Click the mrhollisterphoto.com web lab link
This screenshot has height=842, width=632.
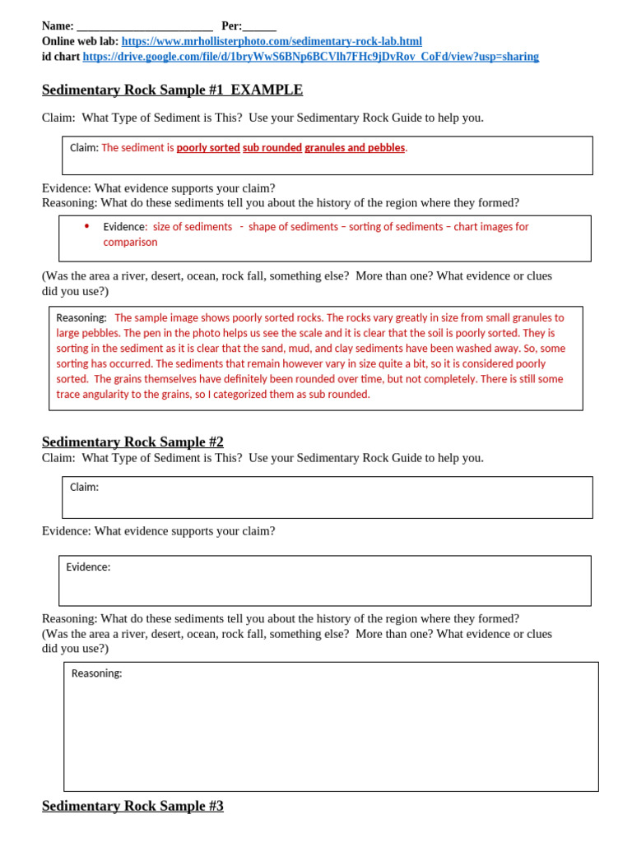click(x=272, y=41)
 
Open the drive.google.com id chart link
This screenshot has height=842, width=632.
click(x=311, y=57)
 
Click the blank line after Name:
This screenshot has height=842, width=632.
click(x=144, y=27)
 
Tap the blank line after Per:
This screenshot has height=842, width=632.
click(x=259, y=27)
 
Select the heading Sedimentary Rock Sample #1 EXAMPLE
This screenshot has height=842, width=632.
click(x=172, y=90)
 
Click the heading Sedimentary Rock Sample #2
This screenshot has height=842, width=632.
click(x=132, y=442)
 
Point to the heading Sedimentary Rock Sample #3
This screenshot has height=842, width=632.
click(x=132, y=806)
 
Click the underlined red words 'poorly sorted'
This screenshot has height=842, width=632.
click(x=208, y=148)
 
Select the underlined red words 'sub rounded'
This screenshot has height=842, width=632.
click(x=272, y=148)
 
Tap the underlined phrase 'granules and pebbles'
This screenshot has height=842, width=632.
click(x=355, y=148)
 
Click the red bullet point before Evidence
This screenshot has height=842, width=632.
click(x=86, y=226)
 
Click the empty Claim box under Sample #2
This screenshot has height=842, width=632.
click(x=328, y=497)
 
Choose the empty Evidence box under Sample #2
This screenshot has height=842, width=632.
click(x=325, y=581)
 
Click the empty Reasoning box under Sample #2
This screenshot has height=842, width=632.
click(x=331, y=728)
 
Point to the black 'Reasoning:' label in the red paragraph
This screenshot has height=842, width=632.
click(x=81, y=317)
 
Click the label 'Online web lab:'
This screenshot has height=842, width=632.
click(x=80, y=41)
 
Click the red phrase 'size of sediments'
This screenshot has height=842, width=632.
click(x=193, y=227)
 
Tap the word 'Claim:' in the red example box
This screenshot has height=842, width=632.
click(x=84, y=148)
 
